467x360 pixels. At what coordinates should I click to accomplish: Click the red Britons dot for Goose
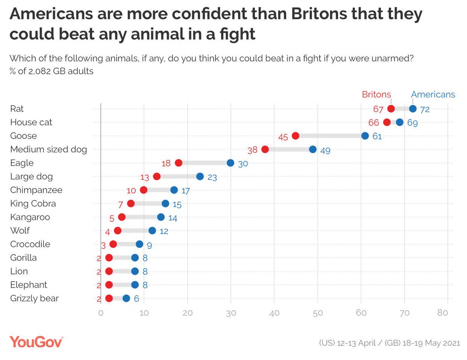click(x=295, y=136)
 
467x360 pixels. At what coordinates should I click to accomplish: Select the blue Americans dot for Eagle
click(x=230, y=163)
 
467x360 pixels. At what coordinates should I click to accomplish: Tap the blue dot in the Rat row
click(x=413, y=109)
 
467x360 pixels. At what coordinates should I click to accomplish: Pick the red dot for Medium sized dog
click(x=265, y=149)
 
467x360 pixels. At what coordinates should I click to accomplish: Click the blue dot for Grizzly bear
click(x=126, y=298)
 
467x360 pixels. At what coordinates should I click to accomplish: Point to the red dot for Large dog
click(x=157, y=176)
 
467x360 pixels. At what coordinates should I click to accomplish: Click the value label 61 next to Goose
click(x=377, y=137)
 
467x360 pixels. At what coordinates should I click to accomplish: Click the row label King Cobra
click(x=33, y=204)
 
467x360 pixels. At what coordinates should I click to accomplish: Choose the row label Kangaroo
click(x=30, y=217)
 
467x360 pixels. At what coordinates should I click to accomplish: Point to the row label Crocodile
click(x=30, y=244)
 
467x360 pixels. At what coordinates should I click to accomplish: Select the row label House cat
click(x=31, y=122)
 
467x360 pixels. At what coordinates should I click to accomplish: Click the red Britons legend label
click(x=376, y=94)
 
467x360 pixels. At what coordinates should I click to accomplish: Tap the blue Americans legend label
click(x=433, y=94)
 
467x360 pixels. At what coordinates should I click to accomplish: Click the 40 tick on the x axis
click(x=274, y=313)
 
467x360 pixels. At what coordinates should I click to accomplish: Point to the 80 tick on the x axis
click(x=448, y=313)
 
